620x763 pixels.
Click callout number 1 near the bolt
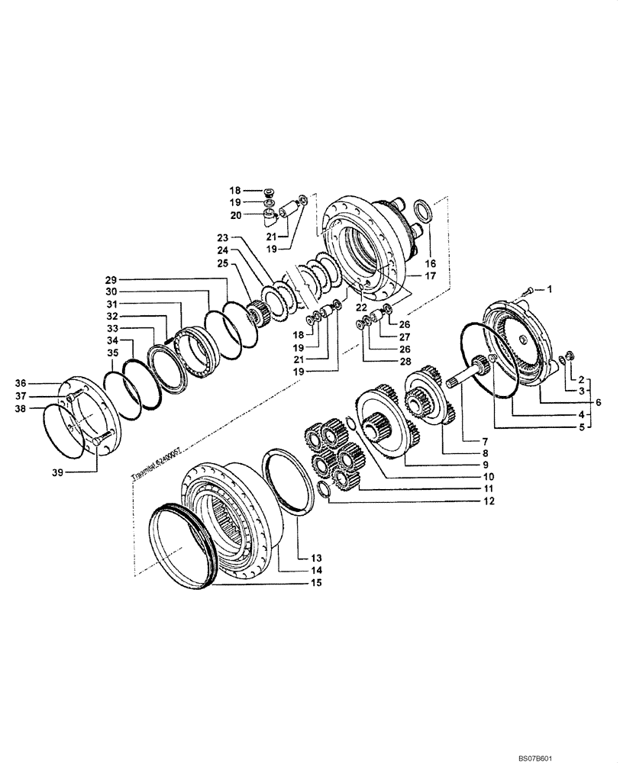click(x=547, y=289)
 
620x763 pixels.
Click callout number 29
click(x=111, y=280)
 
